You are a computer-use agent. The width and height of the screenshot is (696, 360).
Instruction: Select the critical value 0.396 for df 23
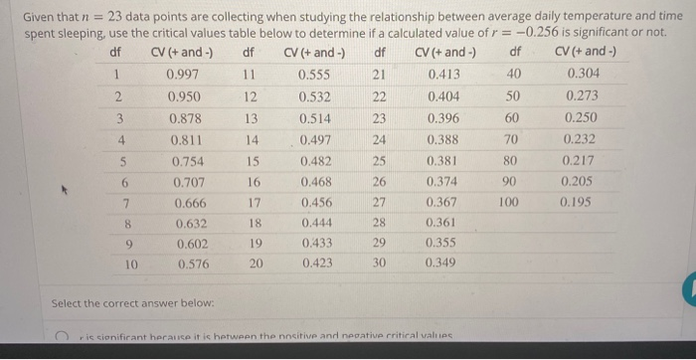point(442,118)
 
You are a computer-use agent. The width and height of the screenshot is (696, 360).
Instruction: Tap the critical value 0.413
point(442,76)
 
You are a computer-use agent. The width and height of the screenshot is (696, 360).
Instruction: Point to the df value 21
point(378,76)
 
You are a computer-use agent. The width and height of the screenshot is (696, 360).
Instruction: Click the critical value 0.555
point(314,76)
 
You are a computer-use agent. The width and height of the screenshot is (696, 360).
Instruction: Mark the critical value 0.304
point(582,76)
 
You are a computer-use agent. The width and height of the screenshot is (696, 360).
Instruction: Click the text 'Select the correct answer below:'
point(111,302)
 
